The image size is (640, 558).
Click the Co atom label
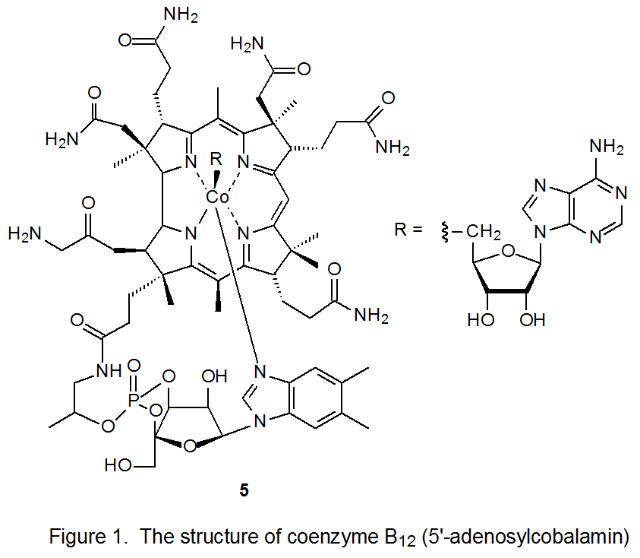(218, 197)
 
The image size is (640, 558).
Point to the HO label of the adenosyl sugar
(480, 319)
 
